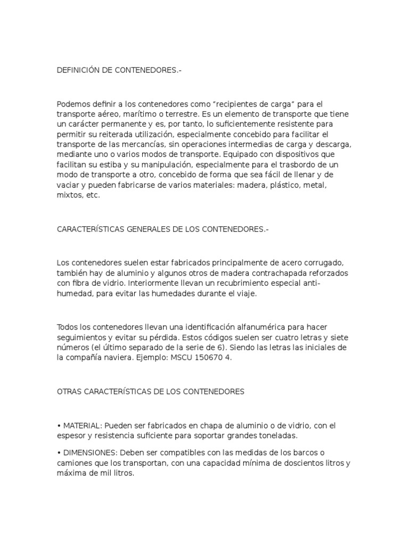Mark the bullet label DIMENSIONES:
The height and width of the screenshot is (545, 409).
(90, 453)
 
